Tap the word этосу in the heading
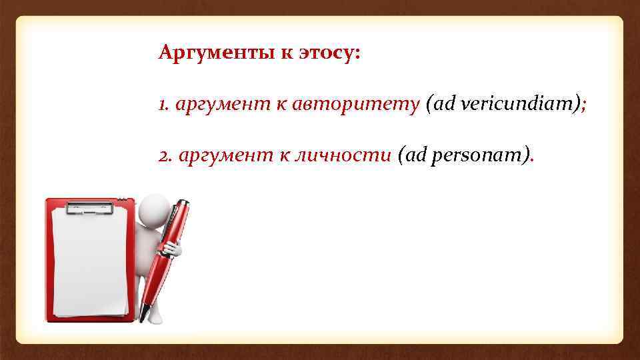[x=325, y=53]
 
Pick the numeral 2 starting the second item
[x=163, y=155]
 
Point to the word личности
[x=342, y=155]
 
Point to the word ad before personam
[x=413, y=155]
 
